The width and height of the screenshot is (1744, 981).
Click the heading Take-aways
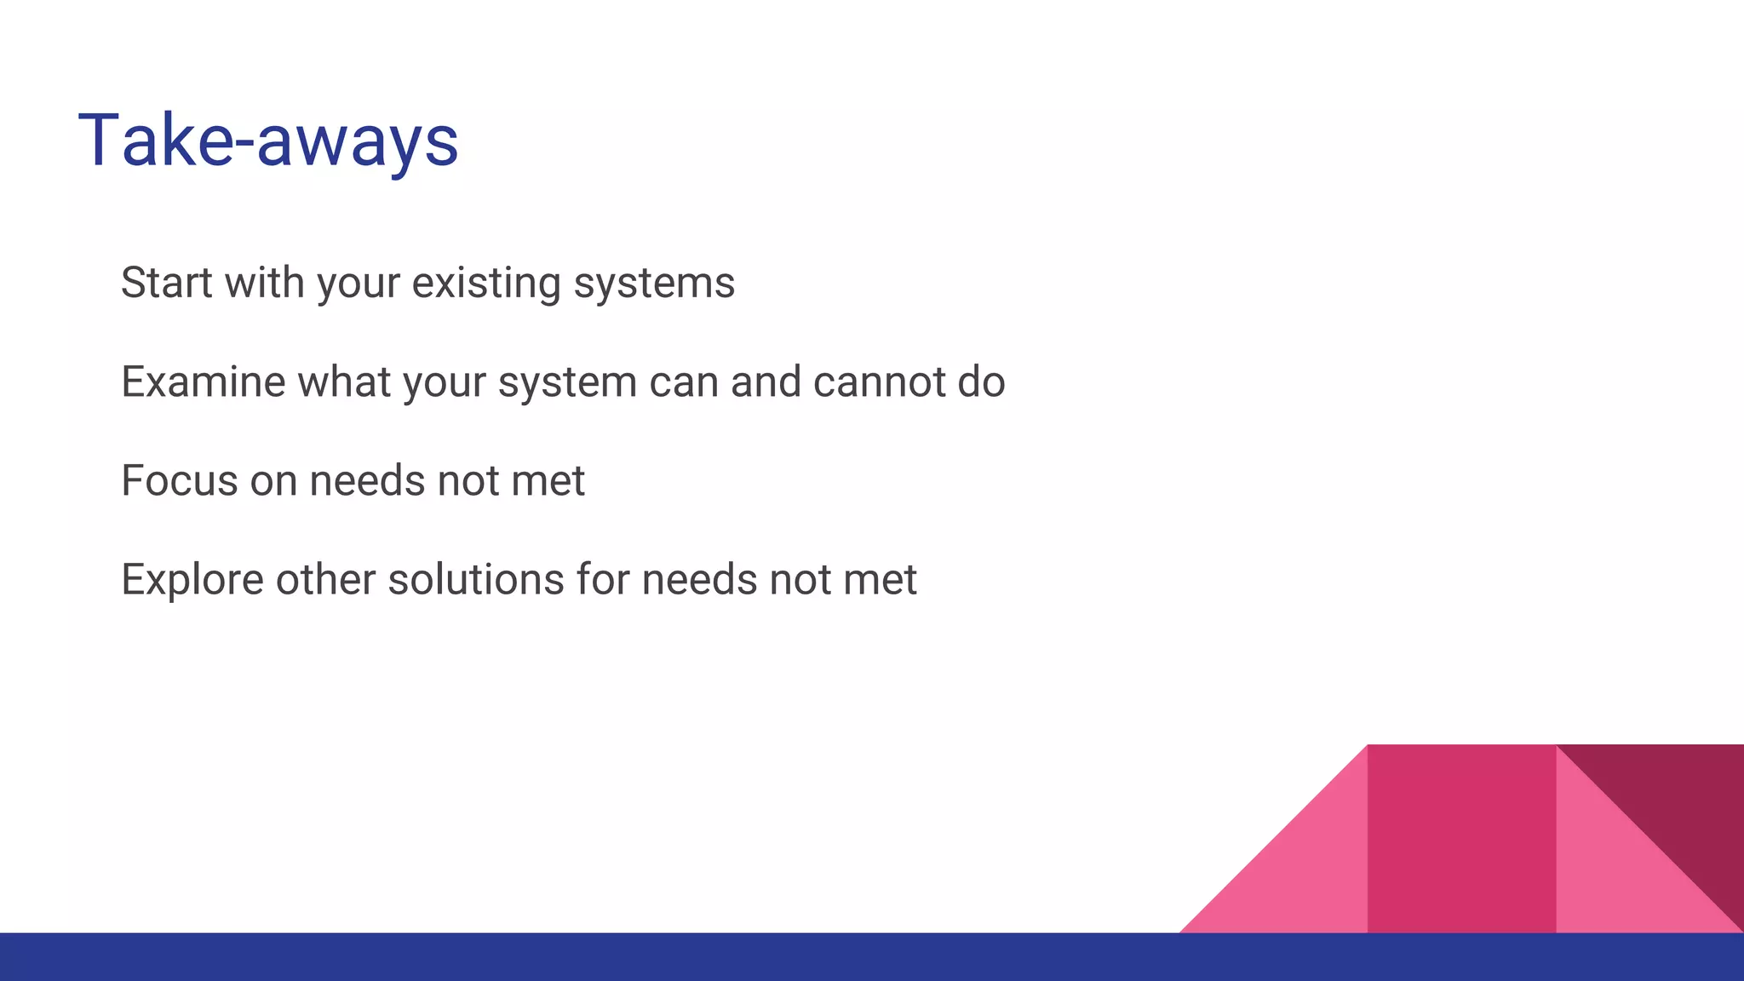pos(268,141)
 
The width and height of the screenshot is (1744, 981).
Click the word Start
pos(166,283)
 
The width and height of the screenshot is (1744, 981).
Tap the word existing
pos(486,283)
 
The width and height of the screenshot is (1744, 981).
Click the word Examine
pos(203,381)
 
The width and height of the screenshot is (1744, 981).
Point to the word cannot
pos(879,381)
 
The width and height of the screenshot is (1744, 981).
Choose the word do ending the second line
pos(981,381)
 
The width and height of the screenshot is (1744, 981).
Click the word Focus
pos(179,480)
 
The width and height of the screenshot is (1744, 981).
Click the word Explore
pos(192,580)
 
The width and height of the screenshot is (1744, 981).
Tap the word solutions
pos(475,580)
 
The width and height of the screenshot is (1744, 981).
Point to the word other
pos(325,580)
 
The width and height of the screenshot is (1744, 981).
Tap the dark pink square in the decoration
pos(1461,839)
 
